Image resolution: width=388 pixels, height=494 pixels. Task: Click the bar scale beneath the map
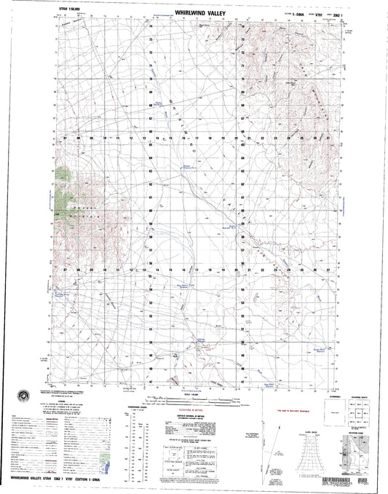point(194,399)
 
